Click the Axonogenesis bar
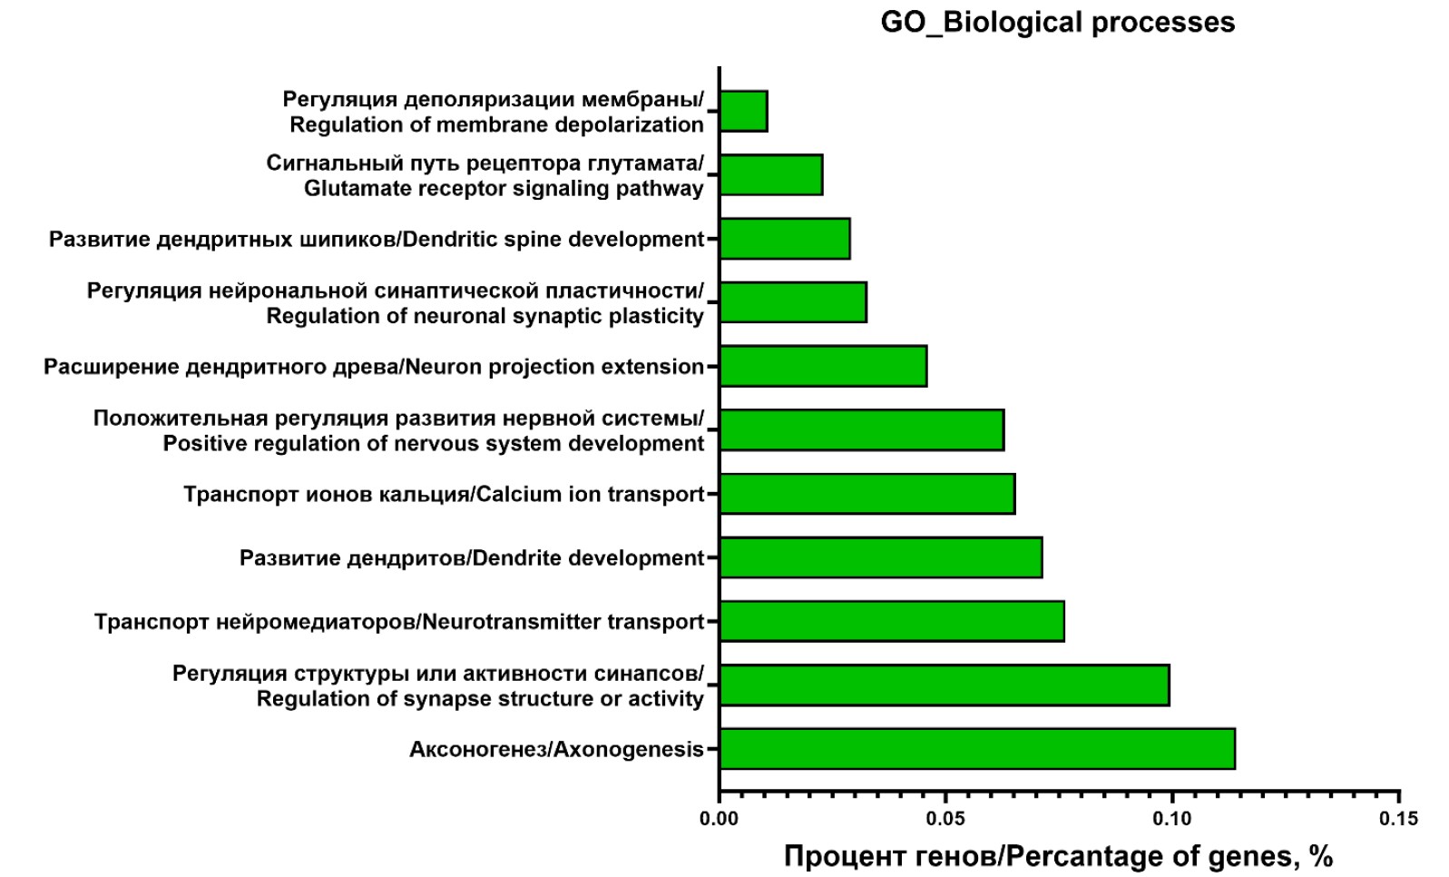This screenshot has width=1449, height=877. pos(977,749)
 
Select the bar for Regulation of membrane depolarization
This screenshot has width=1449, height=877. pos(744,112)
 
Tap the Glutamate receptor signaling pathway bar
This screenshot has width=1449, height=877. pos(771,175)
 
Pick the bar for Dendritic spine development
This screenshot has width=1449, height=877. pos(785,239)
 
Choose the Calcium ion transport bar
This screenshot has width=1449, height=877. pos(867,494)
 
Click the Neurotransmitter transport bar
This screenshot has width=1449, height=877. pos(892,621)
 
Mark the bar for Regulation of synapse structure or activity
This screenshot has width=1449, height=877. pos(945,685)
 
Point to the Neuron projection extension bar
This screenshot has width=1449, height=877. pos(823,366)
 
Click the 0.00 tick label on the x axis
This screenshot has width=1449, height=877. pos(719,819)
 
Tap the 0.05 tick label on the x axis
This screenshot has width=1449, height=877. pos(945,819)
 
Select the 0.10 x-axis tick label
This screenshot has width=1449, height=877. pos(1171,819)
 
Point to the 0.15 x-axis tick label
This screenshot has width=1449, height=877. pos(1398,819)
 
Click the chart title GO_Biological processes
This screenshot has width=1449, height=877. pos(1057,22)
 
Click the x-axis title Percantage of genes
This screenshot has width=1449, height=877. pos(1058,856)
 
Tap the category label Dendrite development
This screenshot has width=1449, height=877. pos(472,557)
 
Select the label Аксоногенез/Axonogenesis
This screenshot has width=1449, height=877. pos(556,749)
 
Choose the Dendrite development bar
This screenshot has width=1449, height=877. pos(881,557)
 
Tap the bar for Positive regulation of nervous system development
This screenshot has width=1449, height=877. pos(862,430)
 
